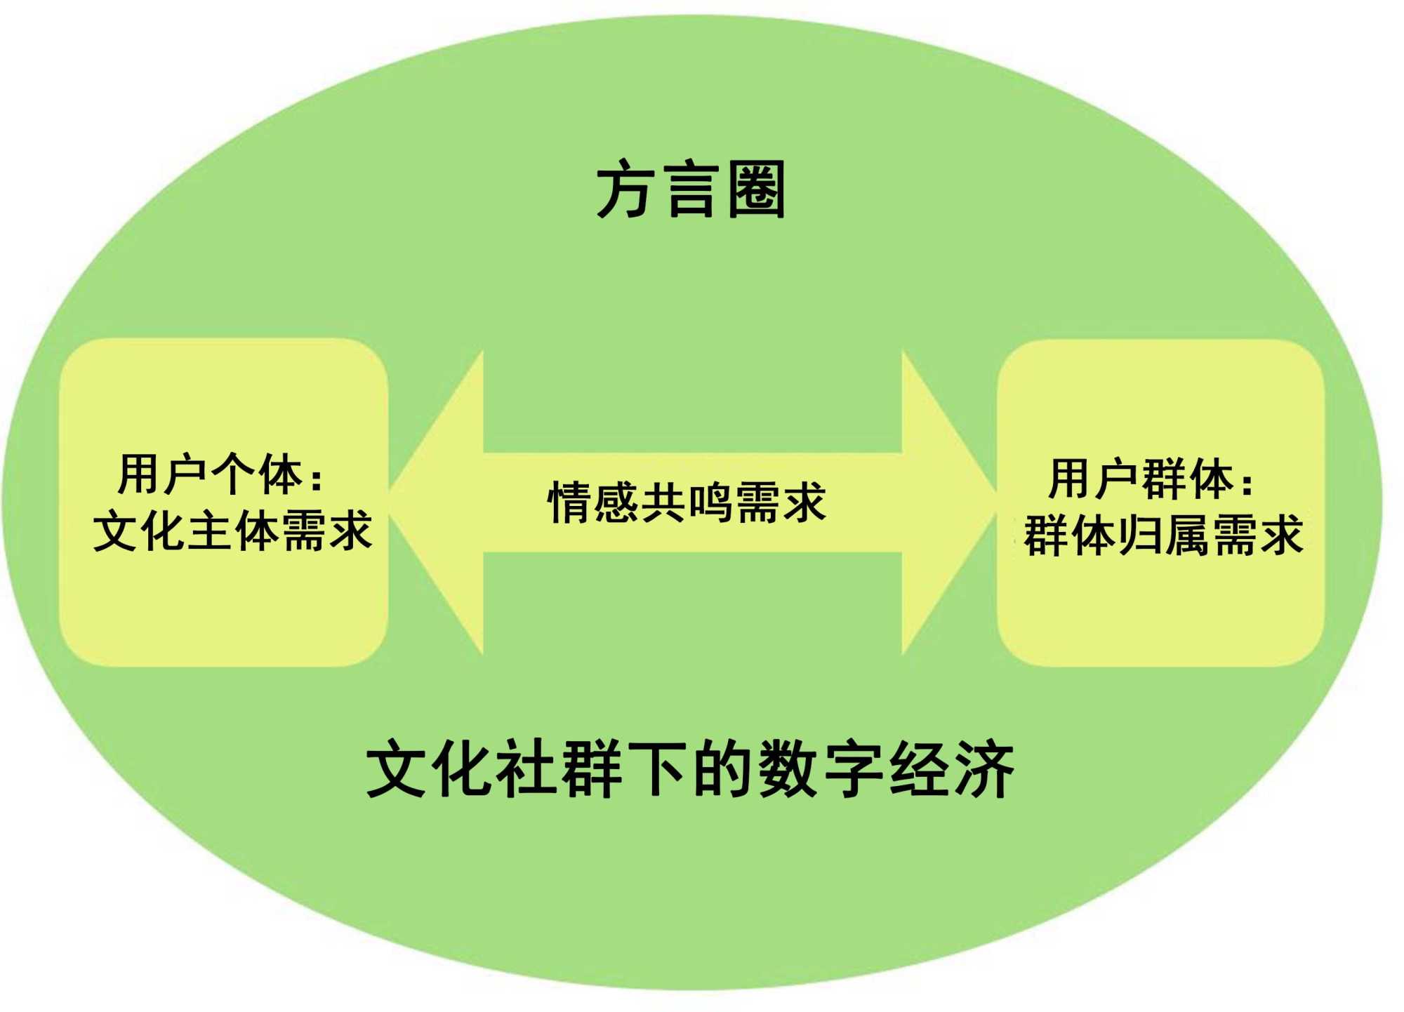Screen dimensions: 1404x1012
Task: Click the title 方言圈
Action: (x=691, y=190)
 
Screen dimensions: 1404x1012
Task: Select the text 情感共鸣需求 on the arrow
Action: (x=687, y=502)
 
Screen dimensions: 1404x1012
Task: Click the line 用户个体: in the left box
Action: (x=220, y=475)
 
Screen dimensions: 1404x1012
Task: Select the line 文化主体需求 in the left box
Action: (x=232, y=531)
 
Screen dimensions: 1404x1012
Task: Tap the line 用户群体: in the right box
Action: (x=1151, y=479)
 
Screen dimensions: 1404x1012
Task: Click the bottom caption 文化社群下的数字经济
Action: (x=691, y=770)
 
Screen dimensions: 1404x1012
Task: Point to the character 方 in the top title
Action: (x=624, y=190)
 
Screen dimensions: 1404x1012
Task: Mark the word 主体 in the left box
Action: (x=232, y=531)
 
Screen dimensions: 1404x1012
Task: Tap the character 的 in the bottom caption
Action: (x=724, y=770)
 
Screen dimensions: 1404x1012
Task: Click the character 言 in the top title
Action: (x=692, y=190)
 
